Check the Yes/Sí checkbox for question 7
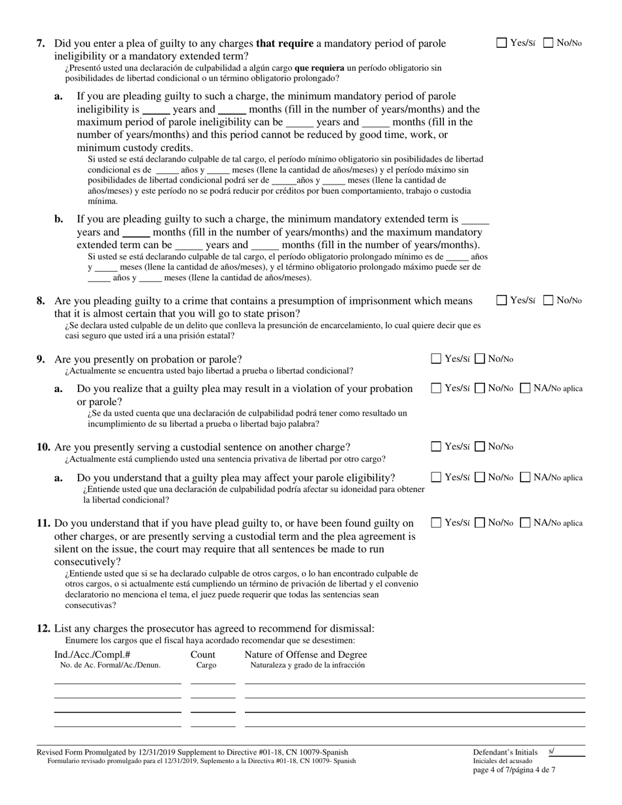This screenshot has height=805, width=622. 502,43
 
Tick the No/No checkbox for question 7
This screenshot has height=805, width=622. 549,43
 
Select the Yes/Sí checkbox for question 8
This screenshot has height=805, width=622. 502,300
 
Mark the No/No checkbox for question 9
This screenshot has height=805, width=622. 480,359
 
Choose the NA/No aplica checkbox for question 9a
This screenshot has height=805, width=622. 526,388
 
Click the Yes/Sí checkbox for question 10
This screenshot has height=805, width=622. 436,447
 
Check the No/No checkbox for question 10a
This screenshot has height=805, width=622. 480,477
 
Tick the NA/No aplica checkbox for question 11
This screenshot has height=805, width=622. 526,523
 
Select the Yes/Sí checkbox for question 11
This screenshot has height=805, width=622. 436,523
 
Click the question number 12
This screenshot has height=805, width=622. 43,629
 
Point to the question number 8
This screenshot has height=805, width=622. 41,301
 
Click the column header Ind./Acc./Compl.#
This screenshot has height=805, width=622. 92,654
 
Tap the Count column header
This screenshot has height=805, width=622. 203,654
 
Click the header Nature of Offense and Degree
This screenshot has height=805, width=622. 306,654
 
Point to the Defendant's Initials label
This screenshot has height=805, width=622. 505,753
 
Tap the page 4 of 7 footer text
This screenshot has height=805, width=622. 514,770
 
